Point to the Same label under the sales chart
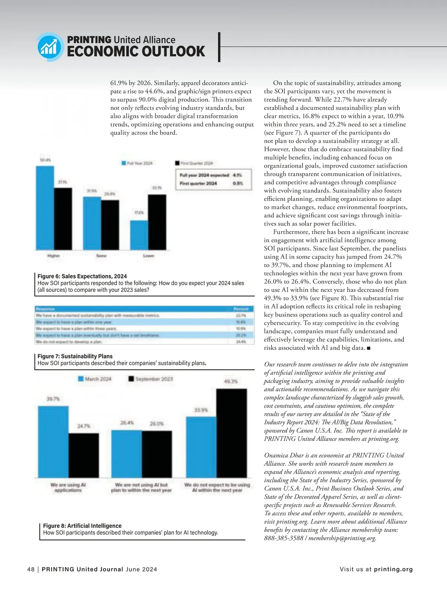[101, 256]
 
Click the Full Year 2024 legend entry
[137, 163]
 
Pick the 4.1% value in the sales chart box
[237, 175]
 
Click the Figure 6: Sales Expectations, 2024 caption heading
[82, 276]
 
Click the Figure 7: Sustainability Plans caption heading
[75, 356]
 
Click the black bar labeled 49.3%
[231, 433]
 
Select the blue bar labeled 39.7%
[53, 442]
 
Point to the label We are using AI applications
[68, 487]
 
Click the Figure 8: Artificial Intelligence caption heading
[82, 526]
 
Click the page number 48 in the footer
[31, 569]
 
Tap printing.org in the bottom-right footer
[393, 569]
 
